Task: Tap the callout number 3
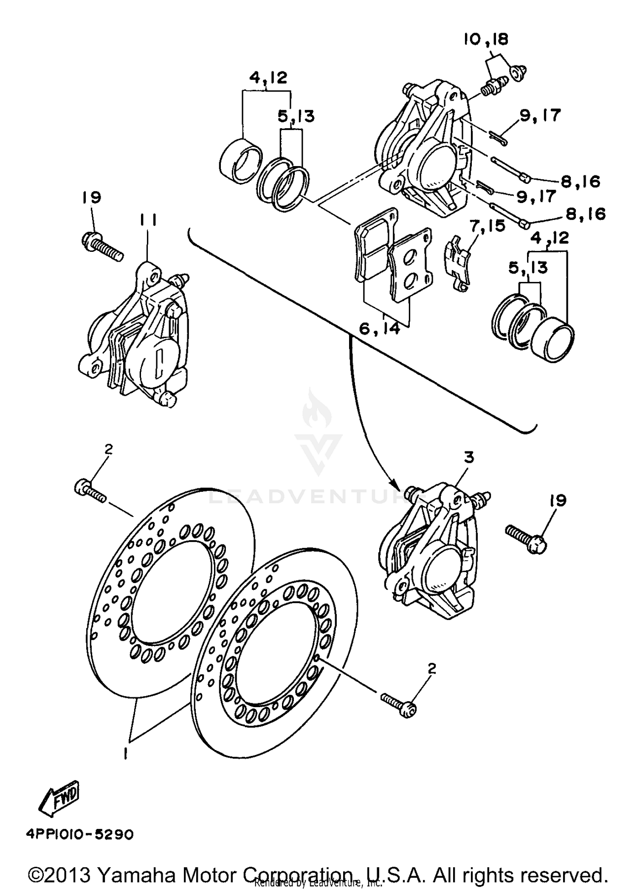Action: click(468, 457)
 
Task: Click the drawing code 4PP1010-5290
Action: click(80, 834)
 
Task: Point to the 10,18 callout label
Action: click(485, 39)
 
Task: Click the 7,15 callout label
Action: click(488, 226)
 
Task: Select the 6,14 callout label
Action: click(379, 328)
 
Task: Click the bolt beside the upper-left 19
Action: click(102, 247)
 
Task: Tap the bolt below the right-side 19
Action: click(526, 538)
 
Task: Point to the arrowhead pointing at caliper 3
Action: click(395, 484)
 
